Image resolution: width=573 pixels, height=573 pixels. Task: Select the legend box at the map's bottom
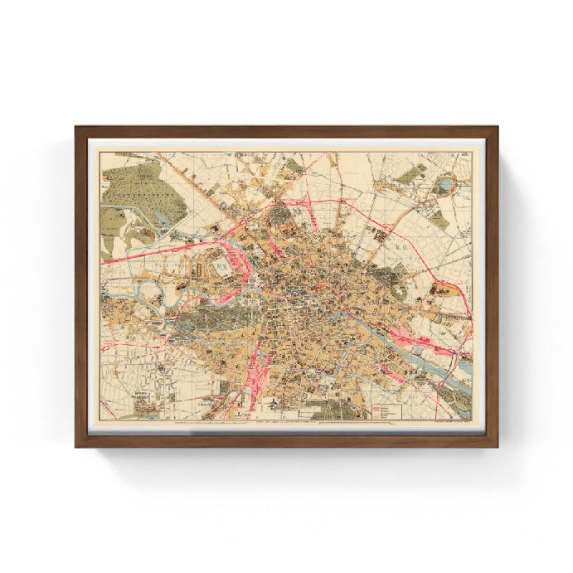(x=386, y=410)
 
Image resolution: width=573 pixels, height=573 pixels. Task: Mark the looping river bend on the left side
(x=149, y=289)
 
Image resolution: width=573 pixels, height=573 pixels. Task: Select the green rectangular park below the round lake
(x=439, y=220)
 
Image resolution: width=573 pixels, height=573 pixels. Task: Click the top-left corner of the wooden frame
(x=77, y=128)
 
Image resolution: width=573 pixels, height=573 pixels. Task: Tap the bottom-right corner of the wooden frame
(x=496, y=444)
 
